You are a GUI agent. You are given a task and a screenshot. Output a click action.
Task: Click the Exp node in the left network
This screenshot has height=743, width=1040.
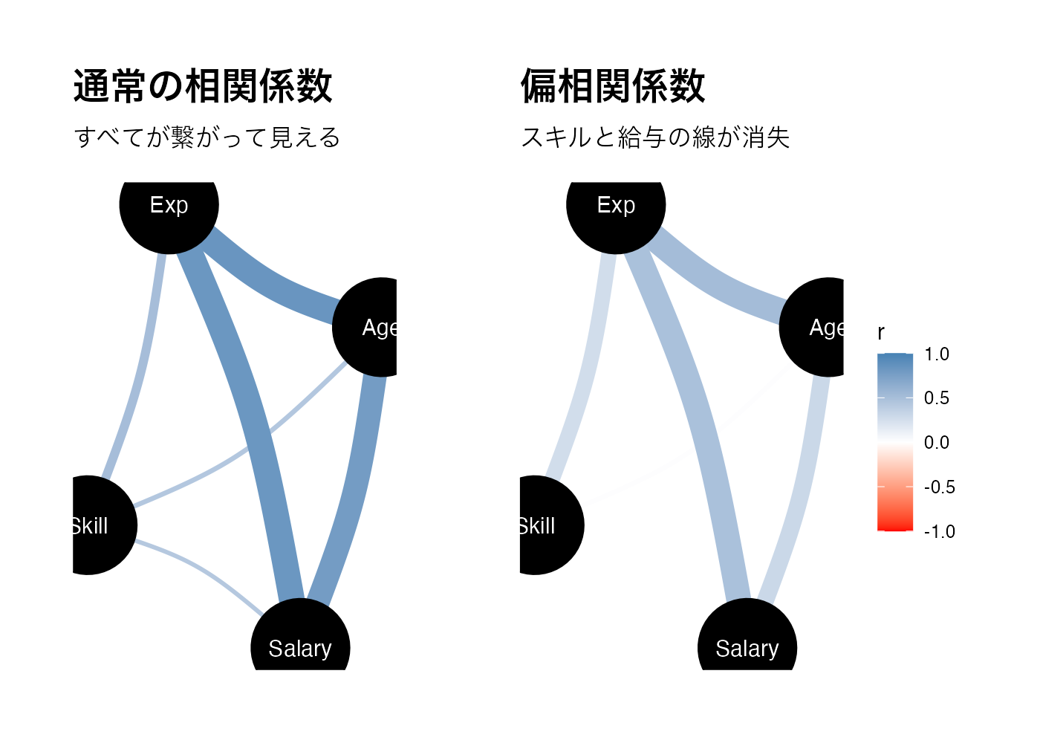click(169, 205)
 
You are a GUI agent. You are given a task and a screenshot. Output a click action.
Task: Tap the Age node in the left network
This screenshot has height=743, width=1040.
click(375, 327)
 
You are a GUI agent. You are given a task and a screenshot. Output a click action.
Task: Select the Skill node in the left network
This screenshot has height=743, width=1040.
click(93, 525)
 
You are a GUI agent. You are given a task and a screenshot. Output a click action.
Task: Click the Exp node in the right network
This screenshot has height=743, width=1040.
click(616, 205)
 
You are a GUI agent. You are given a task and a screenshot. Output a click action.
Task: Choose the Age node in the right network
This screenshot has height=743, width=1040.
click(820, 327)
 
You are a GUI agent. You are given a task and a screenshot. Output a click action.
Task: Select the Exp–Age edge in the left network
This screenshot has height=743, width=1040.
click(275, 286)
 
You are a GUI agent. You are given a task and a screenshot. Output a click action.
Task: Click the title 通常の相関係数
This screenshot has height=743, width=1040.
click(203, 86)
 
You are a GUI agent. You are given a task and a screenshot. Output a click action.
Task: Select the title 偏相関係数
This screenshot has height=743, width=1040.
click(613, 86)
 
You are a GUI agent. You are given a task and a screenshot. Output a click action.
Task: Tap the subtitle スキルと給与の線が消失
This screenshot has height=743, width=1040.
click(655, 137)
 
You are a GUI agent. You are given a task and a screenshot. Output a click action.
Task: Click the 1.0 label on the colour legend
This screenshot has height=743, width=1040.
click(937, 354)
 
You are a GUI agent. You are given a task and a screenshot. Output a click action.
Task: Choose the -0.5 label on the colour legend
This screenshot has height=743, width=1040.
click(939, 487)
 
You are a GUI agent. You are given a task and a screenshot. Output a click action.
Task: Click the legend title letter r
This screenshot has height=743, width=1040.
click(881, 333)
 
